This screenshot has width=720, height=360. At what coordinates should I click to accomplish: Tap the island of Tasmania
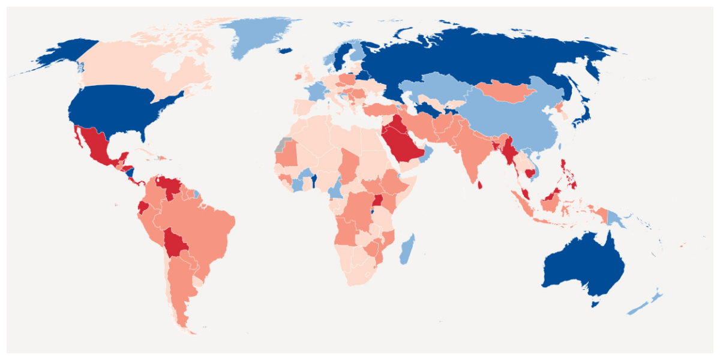[x=595, y=304]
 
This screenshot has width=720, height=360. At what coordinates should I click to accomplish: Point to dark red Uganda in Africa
[x=378, y=202]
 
